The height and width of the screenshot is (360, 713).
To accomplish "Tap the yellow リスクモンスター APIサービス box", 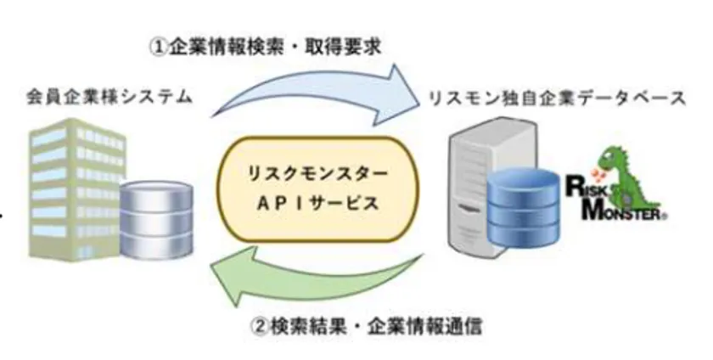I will (316, 183).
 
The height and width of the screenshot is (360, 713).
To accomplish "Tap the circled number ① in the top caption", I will (159, 46).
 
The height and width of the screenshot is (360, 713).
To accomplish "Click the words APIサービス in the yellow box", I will (316, 205).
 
